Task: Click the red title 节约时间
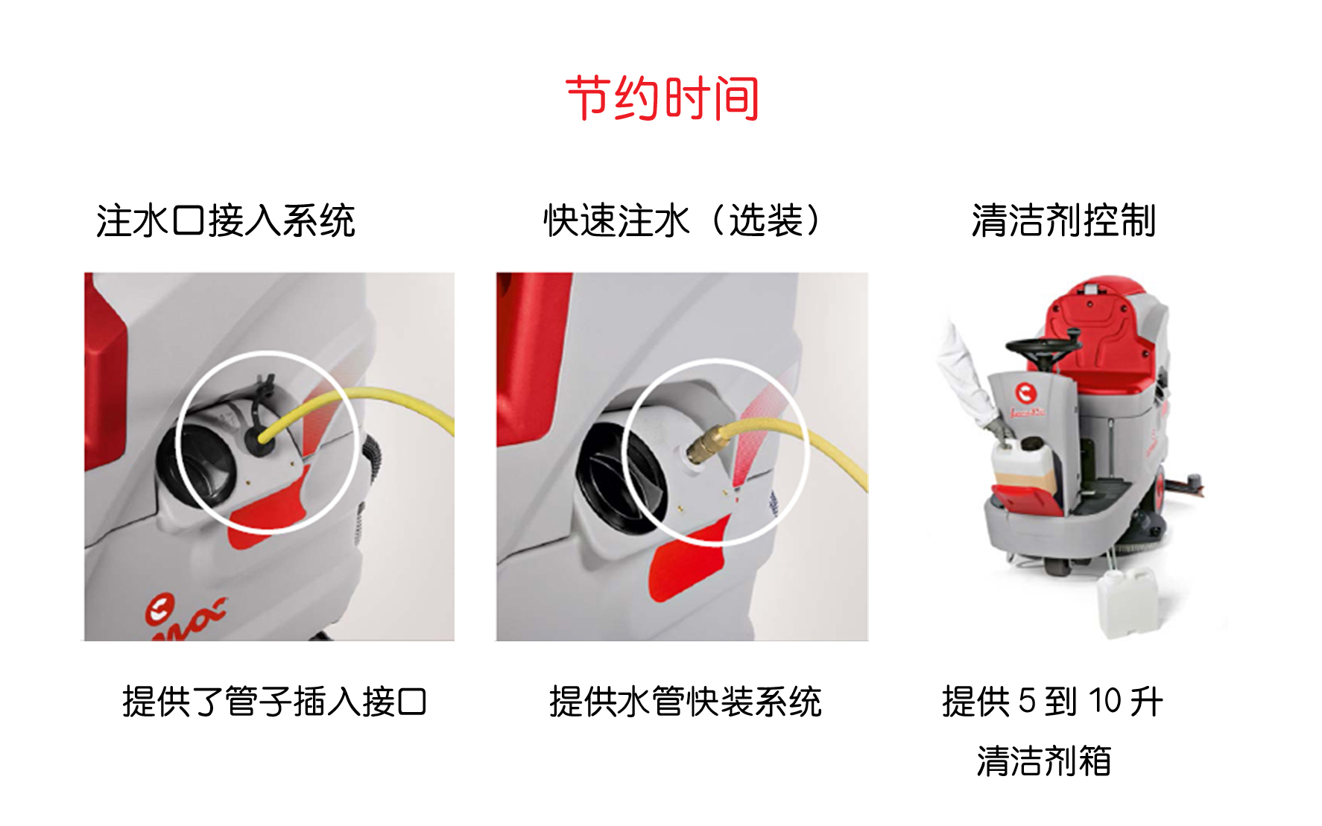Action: click(662, 98)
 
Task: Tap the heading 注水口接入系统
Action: click(225, 220)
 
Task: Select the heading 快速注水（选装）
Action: click(682, 220)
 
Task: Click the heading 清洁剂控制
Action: click(1063, 220)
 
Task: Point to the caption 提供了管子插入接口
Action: click(274, 702)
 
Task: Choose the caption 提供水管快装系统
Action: click(685, 702)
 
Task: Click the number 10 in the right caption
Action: click(1104, 702)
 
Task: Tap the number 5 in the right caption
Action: click(1027, 702)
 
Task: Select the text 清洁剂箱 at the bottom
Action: click(1044, 761)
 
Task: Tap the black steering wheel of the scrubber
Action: click(1043, 349)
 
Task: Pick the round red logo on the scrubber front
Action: click(1026, 393)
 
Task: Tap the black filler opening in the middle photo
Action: click(615, 477)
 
